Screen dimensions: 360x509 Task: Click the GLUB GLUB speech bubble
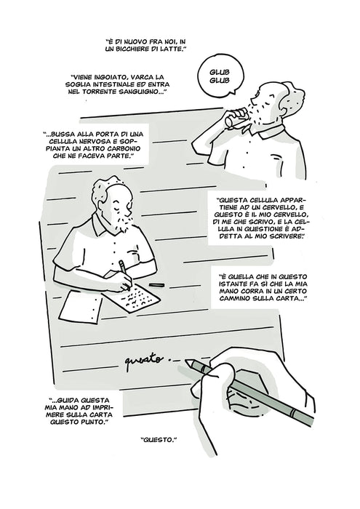pyautogui.click(x=220, y=76)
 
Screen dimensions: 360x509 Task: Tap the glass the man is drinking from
pyautogui.click(x=236, y=118)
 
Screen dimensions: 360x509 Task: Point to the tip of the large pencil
pyautogui.click(x=186, y=361)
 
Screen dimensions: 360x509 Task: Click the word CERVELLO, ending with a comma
pyautogui.click(x=289, y=215)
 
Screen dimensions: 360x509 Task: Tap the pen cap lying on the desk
pyautogui.click(x=156, y=285)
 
